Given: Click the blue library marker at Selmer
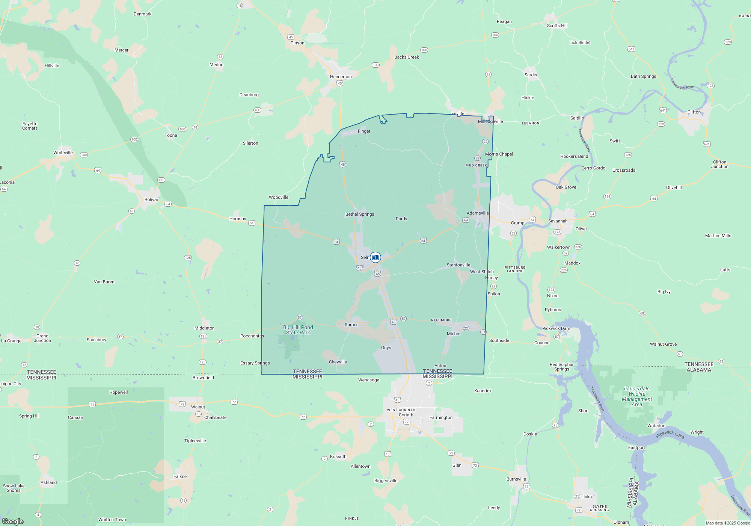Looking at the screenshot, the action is [375, 257].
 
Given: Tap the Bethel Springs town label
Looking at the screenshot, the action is [360, 214].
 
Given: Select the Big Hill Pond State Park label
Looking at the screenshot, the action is [298, 330].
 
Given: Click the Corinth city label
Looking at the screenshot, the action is [406, 415].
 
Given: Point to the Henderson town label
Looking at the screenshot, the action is [341, 77].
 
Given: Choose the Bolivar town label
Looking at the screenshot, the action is [151, 200].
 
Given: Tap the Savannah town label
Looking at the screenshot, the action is [558, 221].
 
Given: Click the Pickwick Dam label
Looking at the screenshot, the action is [556, 328].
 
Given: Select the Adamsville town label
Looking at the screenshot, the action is [478, 213].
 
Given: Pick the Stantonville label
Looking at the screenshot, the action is [458, 265].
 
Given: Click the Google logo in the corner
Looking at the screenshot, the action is [13, 521].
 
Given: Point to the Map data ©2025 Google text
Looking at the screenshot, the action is [727, 523].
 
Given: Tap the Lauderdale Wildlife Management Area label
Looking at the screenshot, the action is [637, 396].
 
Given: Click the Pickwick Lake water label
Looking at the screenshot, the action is [670, 435].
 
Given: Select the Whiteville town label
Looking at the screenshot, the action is [63, 153].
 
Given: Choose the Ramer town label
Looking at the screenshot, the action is [351, 325].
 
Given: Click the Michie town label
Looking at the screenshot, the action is [453, 334].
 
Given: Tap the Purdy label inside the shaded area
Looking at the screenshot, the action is [401, 219].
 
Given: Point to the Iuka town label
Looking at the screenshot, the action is [587, 497].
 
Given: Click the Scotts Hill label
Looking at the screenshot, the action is [557, 26].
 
